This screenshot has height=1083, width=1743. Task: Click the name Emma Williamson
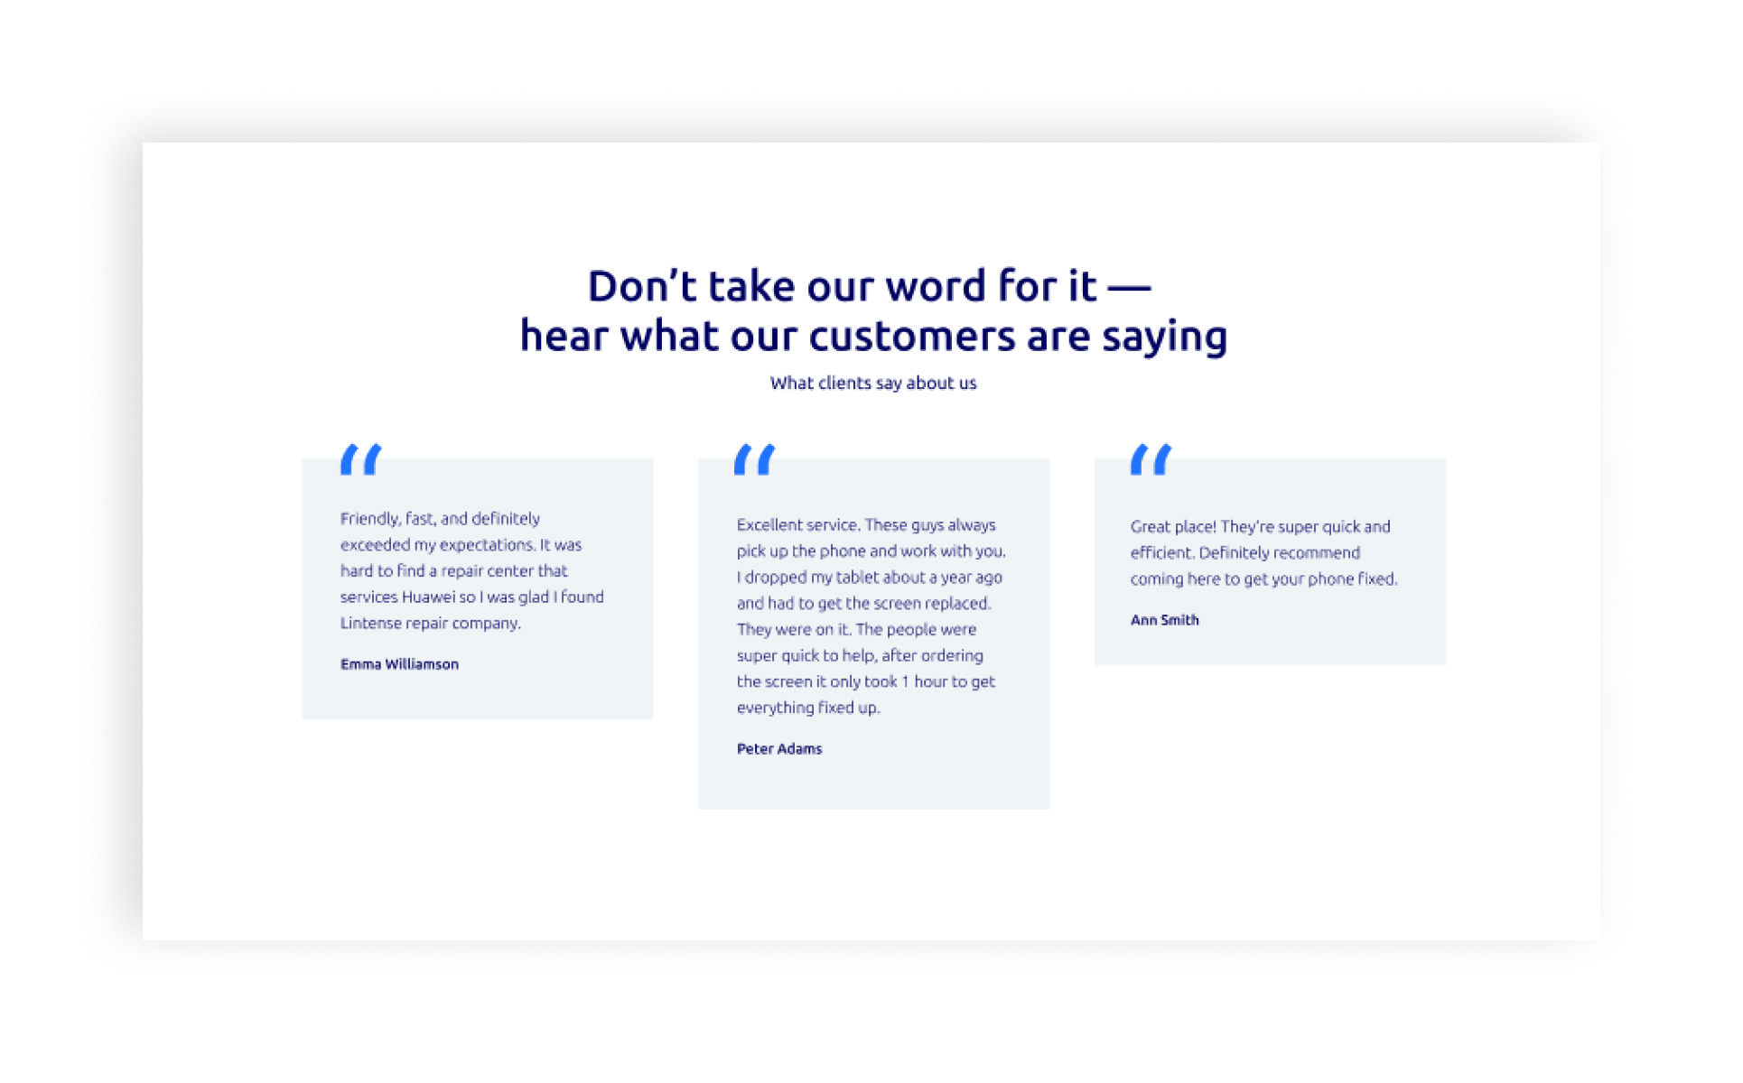coord(399,664)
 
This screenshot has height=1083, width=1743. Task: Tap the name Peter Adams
coord(779,749)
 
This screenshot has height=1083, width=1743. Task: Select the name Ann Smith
coord(1165,620)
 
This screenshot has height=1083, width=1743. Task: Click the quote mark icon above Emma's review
coord(361,459)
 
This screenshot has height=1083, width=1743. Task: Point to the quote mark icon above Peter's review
coord(755,459)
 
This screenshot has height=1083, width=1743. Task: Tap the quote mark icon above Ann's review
coord(1151,459)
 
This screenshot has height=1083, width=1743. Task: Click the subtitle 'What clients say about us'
coord(873,383)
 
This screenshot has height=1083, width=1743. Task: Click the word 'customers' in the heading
coord(912,336)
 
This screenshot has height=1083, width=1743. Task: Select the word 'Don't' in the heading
coord(642,286)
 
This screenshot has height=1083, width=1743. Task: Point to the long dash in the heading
coord(1129,289)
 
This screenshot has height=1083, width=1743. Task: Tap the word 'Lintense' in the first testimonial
coord(370,624)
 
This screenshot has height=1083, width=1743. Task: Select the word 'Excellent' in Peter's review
coord(769,525)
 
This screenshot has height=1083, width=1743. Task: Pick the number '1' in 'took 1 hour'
coord(905,682)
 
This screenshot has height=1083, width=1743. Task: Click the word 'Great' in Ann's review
coord(1151,527)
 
